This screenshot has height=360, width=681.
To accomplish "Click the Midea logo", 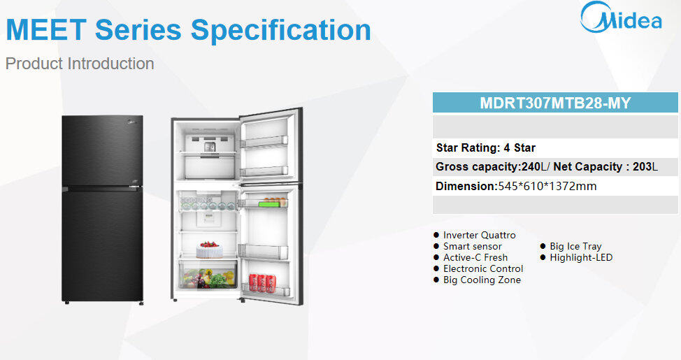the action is pos(621,17).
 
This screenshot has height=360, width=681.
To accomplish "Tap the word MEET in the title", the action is pos(46,30).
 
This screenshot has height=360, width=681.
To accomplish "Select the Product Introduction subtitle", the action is pos(80,64).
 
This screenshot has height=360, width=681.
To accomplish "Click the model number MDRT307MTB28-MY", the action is pos(555,103).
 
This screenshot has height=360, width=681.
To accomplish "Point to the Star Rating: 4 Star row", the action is pos(485,147).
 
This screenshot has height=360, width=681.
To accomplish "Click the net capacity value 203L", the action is pos(645,167).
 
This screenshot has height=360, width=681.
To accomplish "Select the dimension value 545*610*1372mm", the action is pos(547,187).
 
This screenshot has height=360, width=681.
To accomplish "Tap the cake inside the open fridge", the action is pos(209,250).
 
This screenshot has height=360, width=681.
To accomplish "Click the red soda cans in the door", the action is pos(262,282).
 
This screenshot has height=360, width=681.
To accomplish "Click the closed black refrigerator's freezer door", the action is pos(103,151).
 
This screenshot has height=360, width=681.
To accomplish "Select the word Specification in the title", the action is pos(280,30).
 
